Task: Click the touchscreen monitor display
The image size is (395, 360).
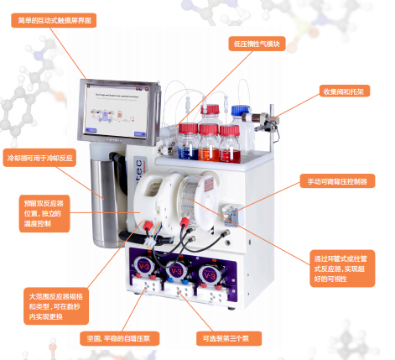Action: pyautogui.click(x=121, y=112)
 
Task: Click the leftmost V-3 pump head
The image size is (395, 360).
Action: pyautogui.click(x=143, y=268)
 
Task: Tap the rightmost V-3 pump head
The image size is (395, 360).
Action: pyautogui.click(x=210, y=273)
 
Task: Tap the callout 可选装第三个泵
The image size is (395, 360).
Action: pyautogui.click(x=227, y=339)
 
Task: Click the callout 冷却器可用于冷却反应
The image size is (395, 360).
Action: pyautogui.click(x=44, y=158)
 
